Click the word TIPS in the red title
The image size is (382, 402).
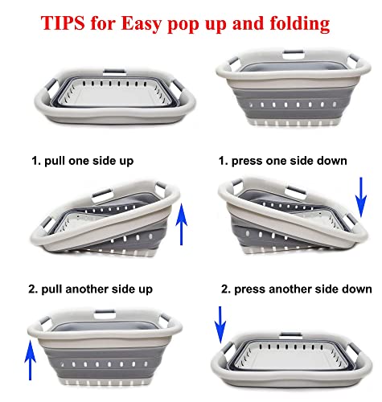point(63,23)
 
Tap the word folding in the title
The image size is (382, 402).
point(300,24)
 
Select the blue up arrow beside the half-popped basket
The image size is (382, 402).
point(182,224)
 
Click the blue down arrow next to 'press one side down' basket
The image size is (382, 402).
point(361,197)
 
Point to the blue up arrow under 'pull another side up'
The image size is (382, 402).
point(30,360)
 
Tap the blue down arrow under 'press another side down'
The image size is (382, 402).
point(220,325)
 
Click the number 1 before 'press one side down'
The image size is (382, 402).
point(223,161)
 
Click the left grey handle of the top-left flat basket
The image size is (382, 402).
point(51,85)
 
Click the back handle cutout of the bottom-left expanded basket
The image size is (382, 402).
point(105,314)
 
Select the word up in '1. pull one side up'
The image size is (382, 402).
point(127,162)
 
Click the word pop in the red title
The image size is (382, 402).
point(183,26)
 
